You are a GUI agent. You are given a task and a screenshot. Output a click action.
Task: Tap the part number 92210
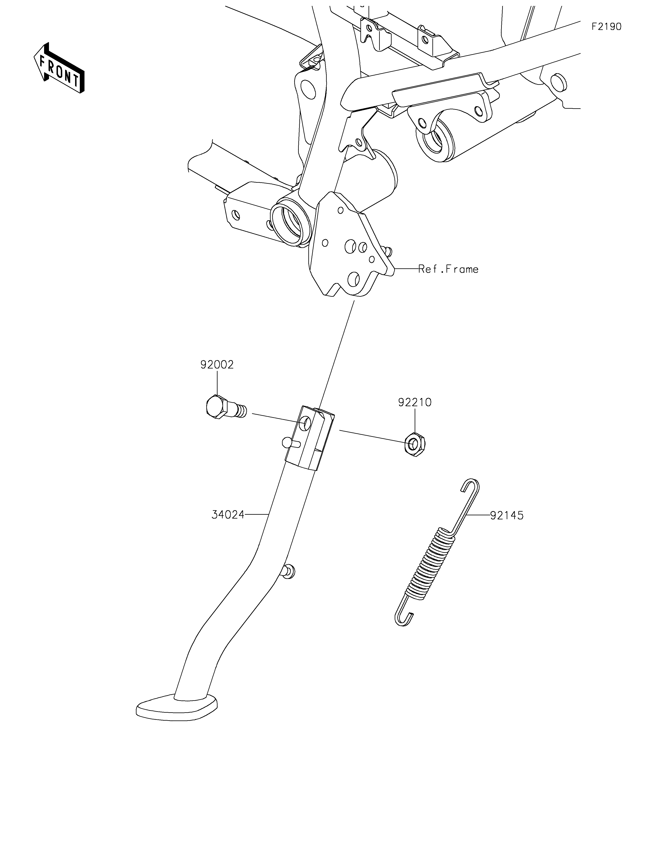tap(415, 403)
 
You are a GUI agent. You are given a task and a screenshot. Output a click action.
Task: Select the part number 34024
tap(228, 514)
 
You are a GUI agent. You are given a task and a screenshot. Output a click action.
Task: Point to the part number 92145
tap(507, 515)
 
